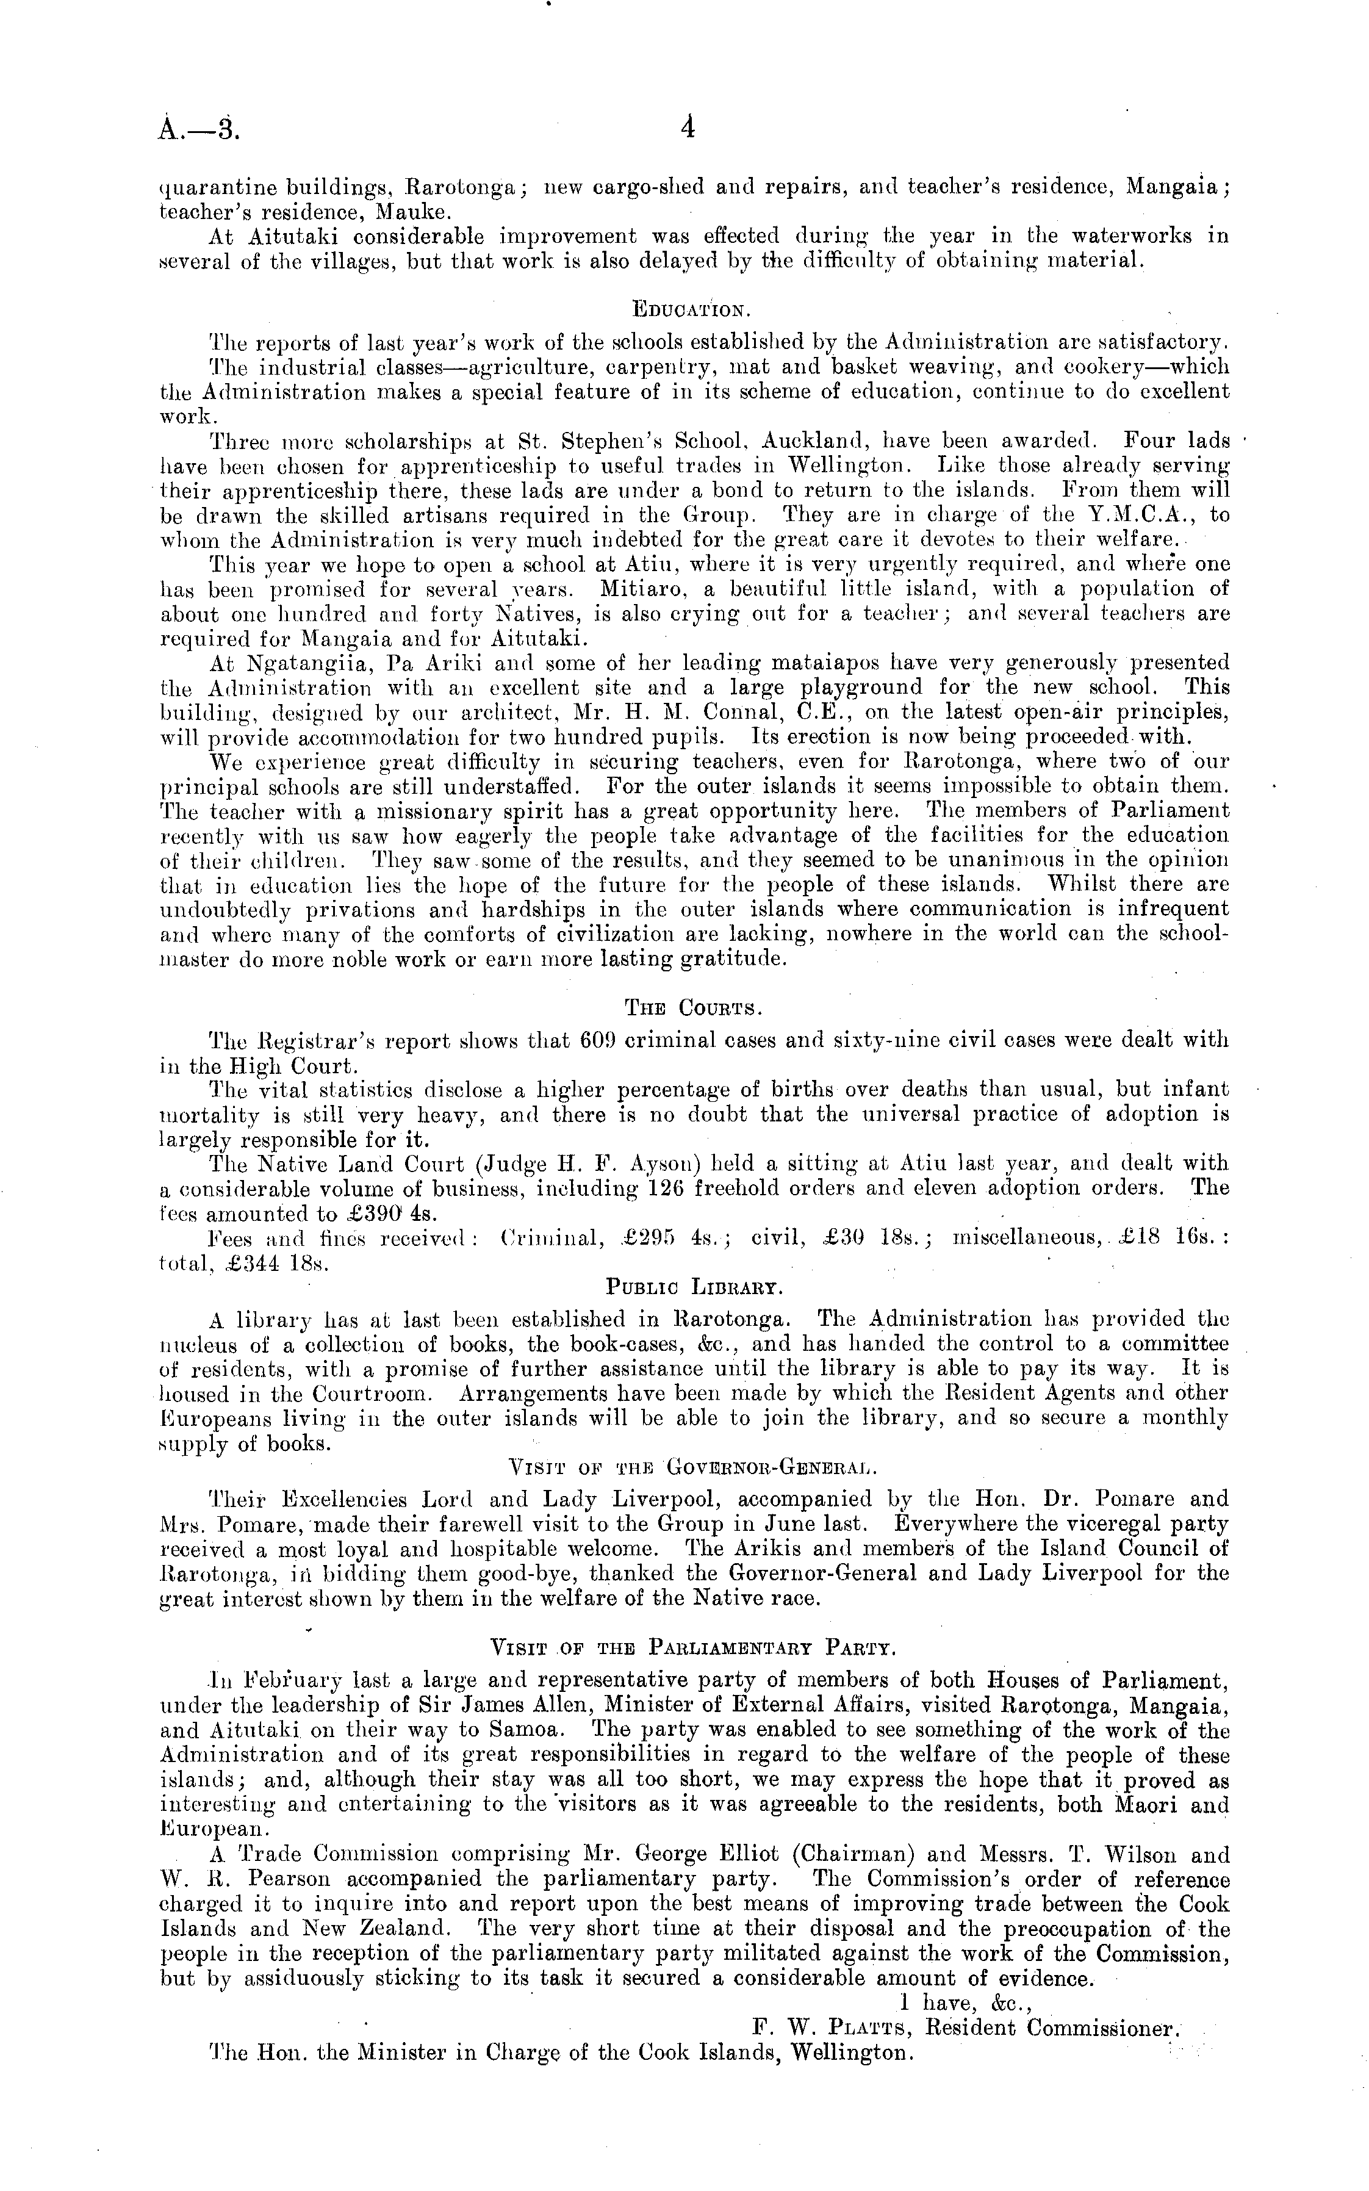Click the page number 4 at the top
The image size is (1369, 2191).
pos(687,129)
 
